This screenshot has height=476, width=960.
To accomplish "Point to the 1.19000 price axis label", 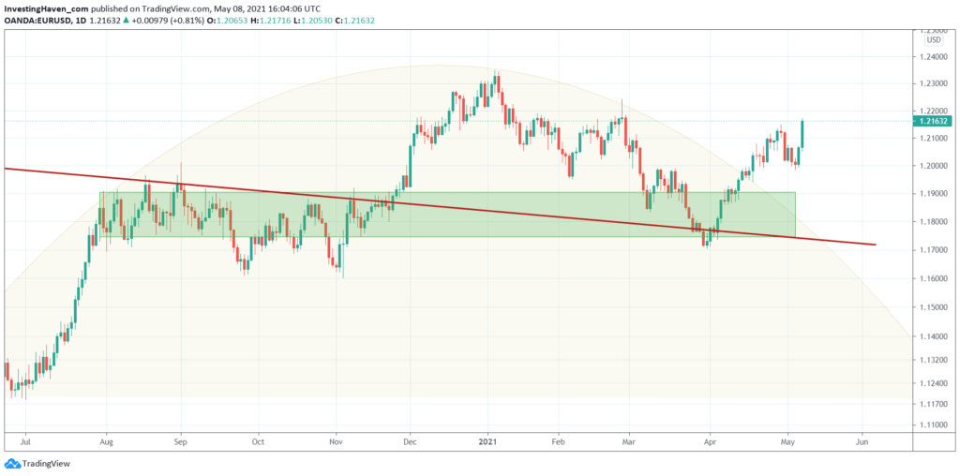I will coord(934,194).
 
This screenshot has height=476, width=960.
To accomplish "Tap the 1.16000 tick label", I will coord(934,278).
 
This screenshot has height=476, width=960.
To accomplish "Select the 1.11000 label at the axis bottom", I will coord(934,424).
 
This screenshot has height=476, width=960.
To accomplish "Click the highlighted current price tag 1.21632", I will coord(934,121).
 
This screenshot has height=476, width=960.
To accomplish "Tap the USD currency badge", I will coord(934,39).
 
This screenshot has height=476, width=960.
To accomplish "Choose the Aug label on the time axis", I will coord(106,439).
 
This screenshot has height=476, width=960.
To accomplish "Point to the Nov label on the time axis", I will coord(335,439).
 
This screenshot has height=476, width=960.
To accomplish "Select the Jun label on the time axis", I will coord(862,439).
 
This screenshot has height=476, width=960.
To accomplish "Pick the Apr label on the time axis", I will coord(710,439).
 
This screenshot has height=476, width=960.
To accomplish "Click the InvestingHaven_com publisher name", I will coord(48,8).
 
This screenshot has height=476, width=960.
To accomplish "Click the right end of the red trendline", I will coord(875,245).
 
